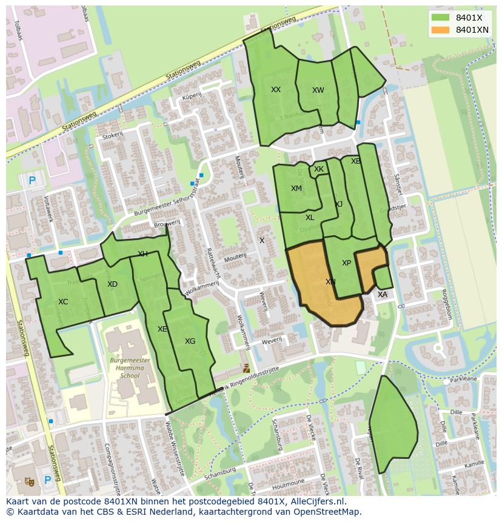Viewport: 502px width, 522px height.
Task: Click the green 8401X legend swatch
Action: [x=440, y=18]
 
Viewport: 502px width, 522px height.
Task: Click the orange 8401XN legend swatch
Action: [x=440, y=30]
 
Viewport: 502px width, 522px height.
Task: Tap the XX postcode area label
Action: [x=276, y=90]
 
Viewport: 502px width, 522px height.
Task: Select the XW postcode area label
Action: [x=318, y=90]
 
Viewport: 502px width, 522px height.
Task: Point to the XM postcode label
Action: [x=296, y=189]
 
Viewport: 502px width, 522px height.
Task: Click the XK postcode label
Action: [x=319, y=169]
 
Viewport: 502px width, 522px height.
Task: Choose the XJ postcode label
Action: [x=338, y=204]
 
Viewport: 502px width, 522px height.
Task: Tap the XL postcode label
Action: [x=310, y=218]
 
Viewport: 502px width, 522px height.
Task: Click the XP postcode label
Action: [x=346, y=263]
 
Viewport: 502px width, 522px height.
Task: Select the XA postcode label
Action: [x=383, y=295]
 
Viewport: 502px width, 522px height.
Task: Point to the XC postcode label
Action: [x=63, y=302]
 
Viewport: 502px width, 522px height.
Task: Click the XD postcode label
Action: [x=112, y=284]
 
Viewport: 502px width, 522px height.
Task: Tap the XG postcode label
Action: [x=190, y=341]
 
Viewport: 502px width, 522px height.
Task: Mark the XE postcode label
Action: [x=162, y=329]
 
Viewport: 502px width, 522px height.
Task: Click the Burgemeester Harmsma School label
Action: [x=130, y=367]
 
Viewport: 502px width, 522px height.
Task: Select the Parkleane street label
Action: [x=464, y=379]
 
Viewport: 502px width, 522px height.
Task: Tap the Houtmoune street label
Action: [x=287, y=487]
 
